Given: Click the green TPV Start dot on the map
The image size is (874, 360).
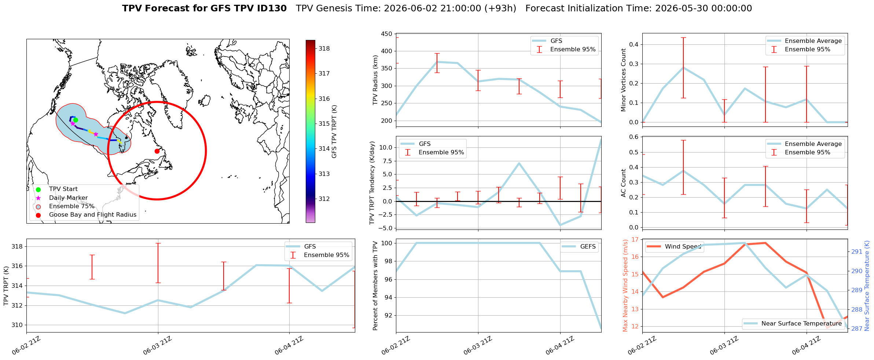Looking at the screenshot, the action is point(76,120).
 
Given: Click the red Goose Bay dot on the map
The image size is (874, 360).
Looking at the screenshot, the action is point(157,151).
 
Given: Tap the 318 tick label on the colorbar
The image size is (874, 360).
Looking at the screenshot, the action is point(324,48).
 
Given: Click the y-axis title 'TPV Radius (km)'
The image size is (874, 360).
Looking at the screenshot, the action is point(375,80).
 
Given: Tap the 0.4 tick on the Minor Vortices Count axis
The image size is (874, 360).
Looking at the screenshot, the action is point(634,45).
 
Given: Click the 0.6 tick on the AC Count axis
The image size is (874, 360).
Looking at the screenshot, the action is point(634,137).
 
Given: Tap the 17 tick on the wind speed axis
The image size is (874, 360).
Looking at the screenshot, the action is point(635,240).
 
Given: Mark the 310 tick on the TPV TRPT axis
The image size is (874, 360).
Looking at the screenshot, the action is point(17,325).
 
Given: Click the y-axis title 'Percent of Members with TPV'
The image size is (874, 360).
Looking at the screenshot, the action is point(375,286).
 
